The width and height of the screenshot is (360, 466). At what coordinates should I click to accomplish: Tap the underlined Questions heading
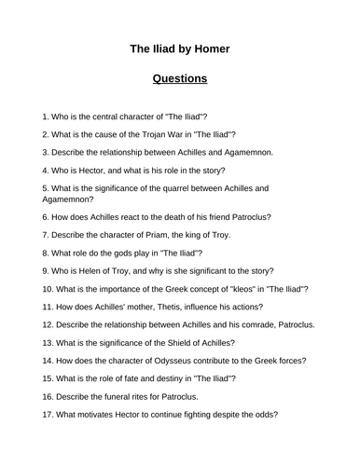pyautogui.click(x=180, y=78)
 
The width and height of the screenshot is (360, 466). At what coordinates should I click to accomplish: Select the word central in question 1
pyautogui.click(x=113, y=118)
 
